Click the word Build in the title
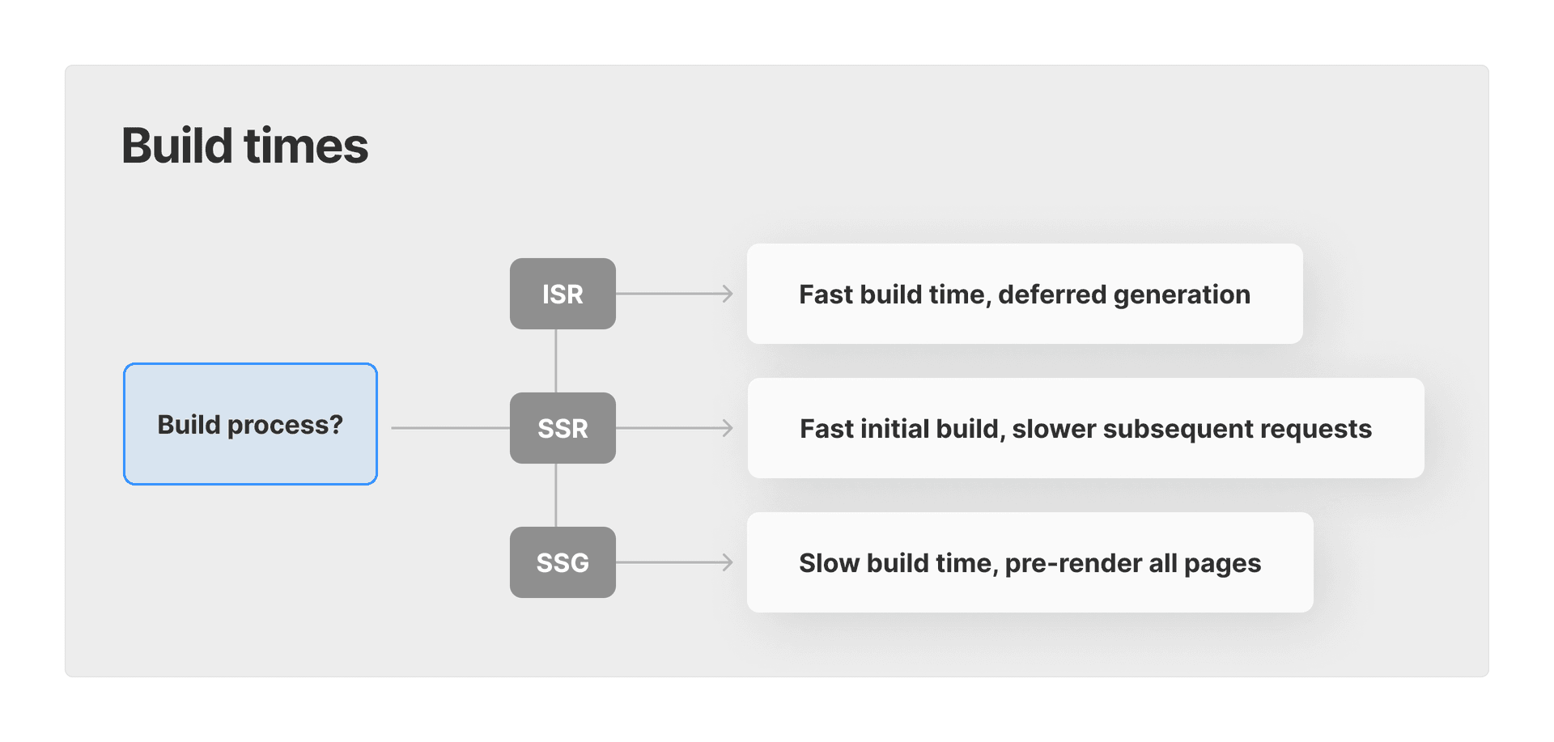pos(177,146)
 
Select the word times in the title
pos(306,146)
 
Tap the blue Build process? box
pos(250,424)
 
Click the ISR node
pos(563,294)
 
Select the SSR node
pos(563,428)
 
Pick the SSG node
pos(563,562)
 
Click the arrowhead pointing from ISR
pos(728,294)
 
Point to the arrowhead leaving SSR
pos(728,428)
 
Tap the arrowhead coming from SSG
pos(728,562)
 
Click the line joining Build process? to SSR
pos(450,428)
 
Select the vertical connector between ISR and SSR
pos(556,361)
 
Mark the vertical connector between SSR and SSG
pos(556,495)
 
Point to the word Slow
pos(829,563)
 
